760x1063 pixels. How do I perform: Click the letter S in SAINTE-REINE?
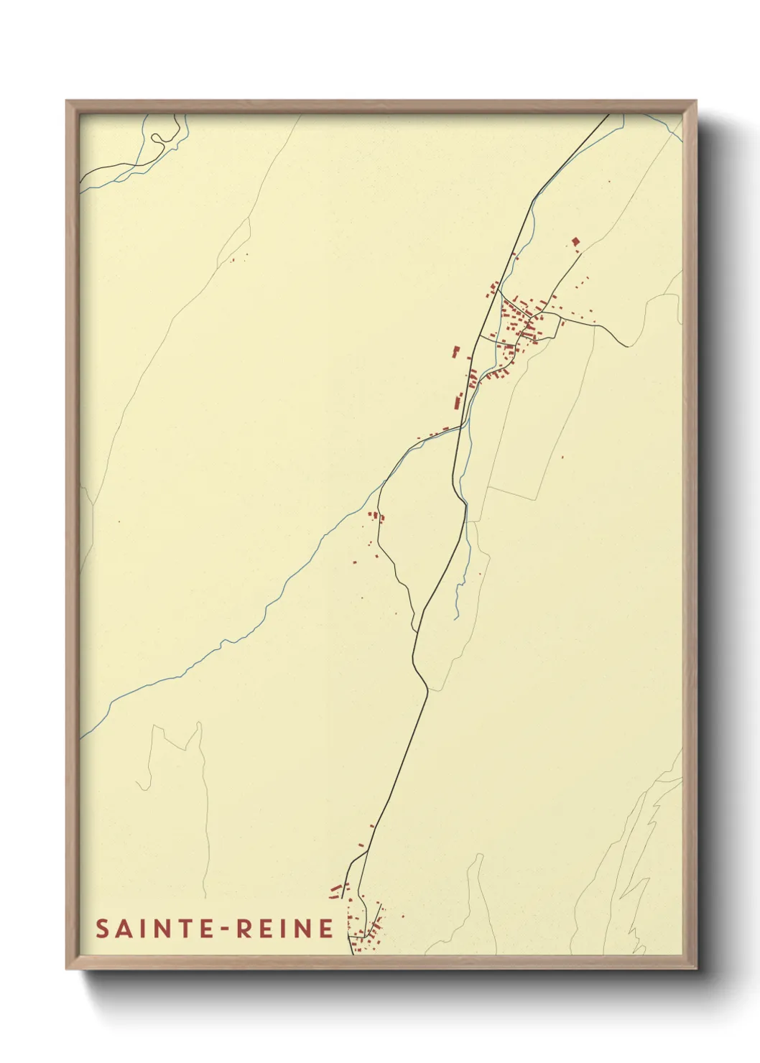(102, 929)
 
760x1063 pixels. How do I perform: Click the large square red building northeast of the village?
(575, 242)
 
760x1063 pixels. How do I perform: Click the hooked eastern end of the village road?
(626, 345)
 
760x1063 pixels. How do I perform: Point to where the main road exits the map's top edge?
(609, 115)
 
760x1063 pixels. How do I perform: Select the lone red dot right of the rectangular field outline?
(562, 457)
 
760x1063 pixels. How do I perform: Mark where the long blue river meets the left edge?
(80, 737)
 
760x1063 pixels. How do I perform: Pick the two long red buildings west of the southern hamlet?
(335, 891)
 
